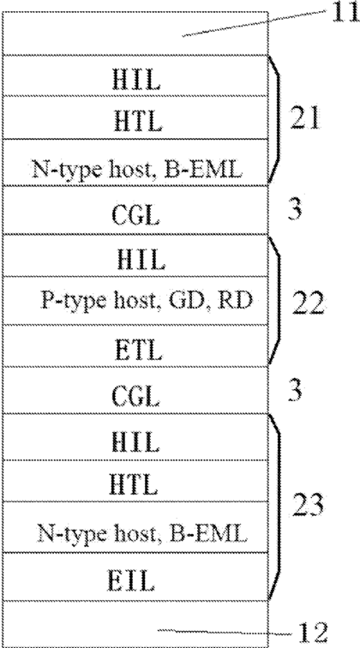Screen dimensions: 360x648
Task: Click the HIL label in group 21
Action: point(136,81)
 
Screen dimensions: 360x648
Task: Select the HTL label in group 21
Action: point(135,121)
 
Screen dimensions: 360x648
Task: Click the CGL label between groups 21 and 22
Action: point(135,216)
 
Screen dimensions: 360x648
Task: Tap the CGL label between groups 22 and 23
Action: point(135,398)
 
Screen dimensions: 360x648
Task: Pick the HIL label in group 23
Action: point(135,441)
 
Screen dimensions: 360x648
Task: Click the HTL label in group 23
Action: point(134,485)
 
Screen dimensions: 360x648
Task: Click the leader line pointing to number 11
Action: point(254,24)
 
